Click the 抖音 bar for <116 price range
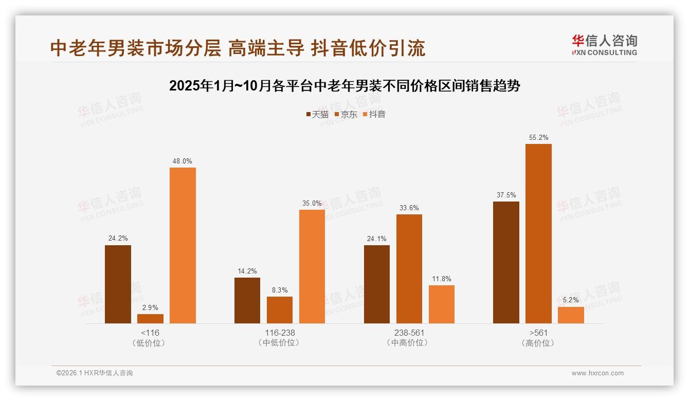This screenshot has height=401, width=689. [183, 245]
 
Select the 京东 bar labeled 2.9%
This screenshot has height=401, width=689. [150, 319]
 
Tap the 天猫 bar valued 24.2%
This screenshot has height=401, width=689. [118, 284]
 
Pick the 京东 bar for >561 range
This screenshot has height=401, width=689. [538, 233]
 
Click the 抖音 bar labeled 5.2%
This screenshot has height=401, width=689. [571, 315]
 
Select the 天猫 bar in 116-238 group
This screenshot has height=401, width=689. [247, 300]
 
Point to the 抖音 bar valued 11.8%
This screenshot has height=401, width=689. [442, 304]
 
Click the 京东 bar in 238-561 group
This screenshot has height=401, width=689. [409, 269]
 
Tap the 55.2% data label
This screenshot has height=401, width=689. [538, 137]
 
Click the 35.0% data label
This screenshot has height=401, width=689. [312, 203]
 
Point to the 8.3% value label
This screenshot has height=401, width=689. [280, 290]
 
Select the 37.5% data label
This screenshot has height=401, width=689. [506, 195]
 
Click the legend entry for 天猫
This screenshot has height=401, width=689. [317, 114]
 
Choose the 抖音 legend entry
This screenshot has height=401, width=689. [374, 114]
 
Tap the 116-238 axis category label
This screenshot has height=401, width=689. [280, 333]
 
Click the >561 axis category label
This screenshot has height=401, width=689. [538, 333]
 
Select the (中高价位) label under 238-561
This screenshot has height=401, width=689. [409, 343]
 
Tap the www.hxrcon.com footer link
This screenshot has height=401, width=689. [597, 373]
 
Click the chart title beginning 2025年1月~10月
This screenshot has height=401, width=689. [344, 86]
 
